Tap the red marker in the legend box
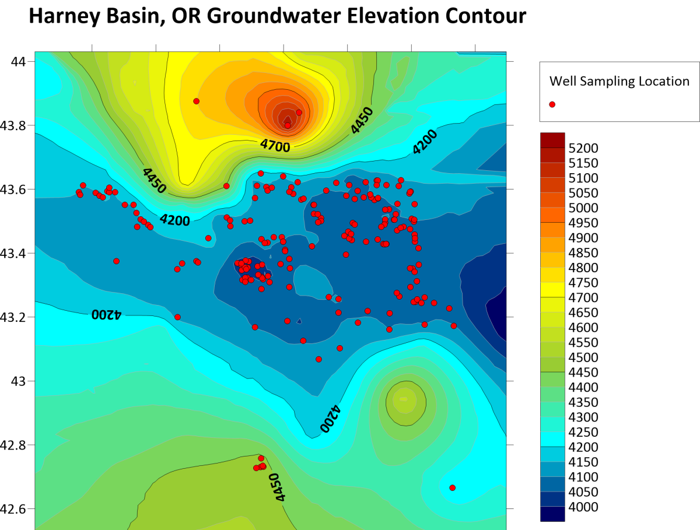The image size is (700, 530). pyautogui.click(x=552, y=104)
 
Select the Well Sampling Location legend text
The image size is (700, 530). pyautogui.click(x=619, y=81)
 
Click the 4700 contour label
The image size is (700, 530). pyautogui.click(x=275, y=146)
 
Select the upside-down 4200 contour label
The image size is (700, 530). pyautogui.click(x=106, y=314)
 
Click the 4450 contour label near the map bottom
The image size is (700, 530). pyautogui.click(x=278, y=487)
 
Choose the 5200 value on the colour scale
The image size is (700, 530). pyautogui.click(x=583, y=148)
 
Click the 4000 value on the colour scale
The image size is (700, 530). pyautogui.click(x=583, y=507)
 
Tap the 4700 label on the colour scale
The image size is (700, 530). pyautogui.click(x=583, y=298)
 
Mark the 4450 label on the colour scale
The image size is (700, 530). pyautogui.click(x=583, y=373)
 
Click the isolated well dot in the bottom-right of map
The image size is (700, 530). pyautogui.click(x=453, y=487)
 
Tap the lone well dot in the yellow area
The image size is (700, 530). pyautogui.click(x=196, y=101)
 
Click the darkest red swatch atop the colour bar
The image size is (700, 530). pyautogui.click(x=552, y=140)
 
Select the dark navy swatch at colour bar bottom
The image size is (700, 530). pyautogui.click(x=552, y=513)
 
